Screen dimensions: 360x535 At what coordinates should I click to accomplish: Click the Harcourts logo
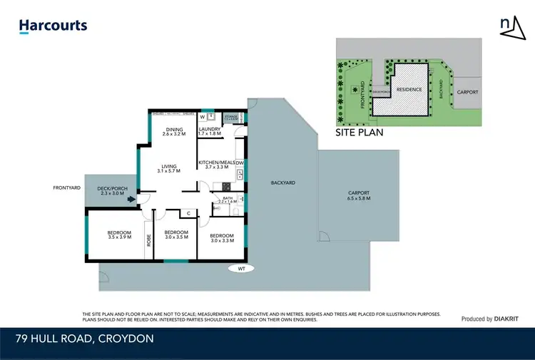click(x=53, y=26)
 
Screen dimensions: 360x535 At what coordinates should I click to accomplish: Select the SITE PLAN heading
click(x=360, y=132)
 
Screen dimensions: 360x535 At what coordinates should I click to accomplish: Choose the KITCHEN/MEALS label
click(x=219, y=165)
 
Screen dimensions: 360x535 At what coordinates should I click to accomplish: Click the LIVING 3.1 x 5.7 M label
click(x=169, y=168)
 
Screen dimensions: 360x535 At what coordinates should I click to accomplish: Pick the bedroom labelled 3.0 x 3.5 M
click(x=175, y=235)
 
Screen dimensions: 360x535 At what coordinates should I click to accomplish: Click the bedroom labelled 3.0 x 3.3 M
click(x=221, y=238)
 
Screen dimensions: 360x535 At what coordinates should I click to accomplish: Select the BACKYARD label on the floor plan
click(x=282, y=183)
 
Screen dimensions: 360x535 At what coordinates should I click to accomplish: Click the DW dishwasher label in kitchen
click(x=240, y=163)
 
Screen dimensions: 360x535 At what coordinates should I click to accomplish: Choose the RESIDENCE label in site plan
click(x=409, y=90)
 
